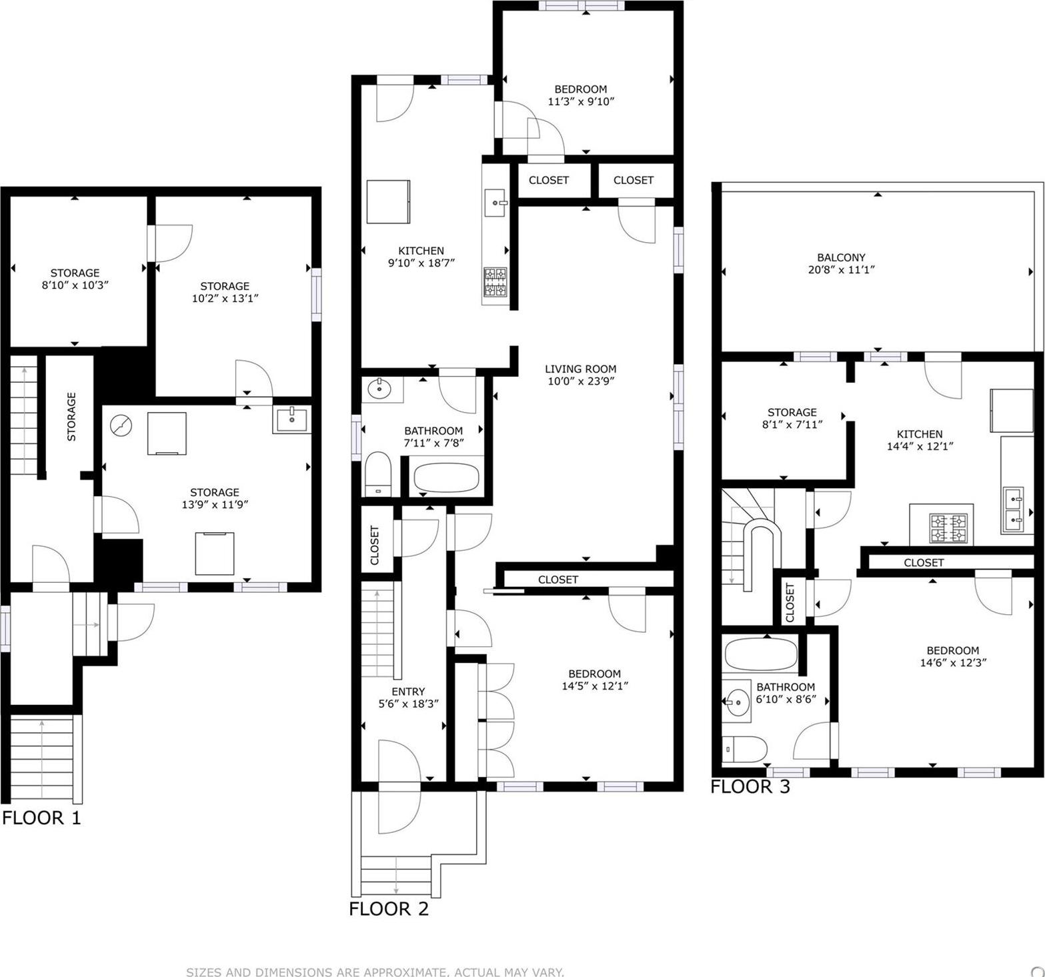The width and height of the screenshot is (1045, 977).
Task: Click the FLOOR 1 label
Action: pos(41,818)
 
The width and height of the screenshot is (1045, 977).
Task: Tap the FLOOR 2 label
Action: pos(389,908)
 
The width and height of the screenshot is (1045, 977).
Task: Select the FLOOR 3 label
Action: pos(750,787)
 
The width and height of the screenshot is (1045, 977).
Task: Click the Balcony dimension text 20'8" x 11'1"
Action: pos(840,270)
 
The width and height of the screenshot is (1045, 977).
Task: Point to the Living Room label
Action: pos(580,369)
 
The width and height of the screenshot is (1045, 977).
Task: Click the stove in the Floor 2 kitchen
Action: pos(495,282)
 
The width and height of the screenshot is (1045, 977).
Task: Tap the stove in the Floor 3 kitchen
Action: pos(948,528)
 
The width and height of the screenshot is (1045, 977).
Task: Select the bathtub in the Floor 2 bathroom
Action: pos(446,477)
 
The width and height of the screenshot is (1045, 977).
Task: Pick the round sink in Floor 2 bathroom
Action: pos(379,387)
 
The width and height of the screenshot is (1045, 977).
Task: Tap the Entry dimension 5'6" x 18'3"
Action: pos(408,704)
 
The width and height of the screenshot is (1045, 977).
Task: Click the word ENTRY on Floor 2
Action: pos(408,692)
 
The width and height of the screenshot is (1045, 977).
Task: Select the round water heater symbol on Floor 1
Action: pos(121,424)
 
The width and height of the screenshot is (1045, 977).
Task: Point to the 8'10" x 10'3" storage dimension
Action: pos(75,285)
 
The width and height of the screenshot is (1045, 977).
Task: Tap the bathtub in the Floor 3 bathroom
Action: pos(760,655)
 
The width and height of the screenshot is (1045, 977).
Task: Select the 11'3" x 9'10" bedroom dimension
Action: pos(580,101)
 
